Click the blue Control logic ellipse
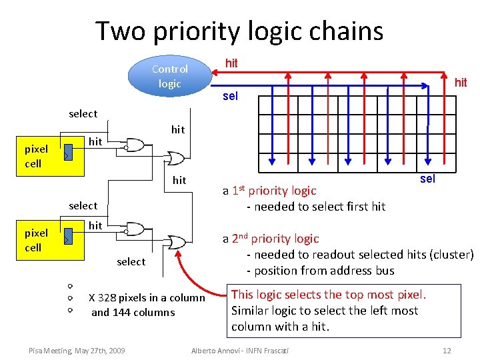(x=169, y=76)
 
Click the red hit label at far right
(x=460, y=83)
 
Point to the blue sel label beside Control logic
(x=230, y=96)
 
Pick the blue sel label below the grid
(x=427, y=179)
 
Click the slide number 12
(x=447, y=351)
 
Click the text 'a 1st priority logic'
(x=269, y=191)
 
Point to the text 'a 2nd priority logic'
(x=271, y=239)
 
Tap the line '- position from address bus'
(x=320, y=271)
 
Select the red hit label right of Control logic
(x=231, y=63)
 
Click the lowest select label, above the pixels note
(x=131, y=261)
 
